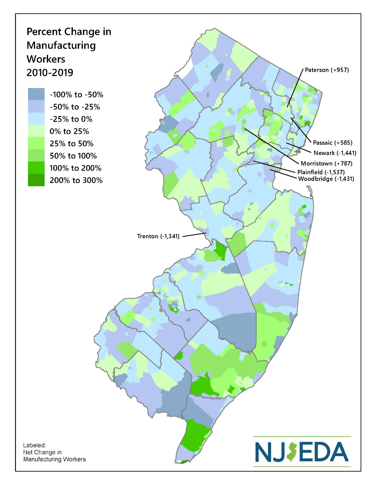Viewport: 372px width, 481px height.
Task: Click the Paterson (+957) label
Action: coord(326,70)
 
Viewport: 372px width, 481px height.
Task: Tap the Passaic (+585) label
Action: coord(332,143)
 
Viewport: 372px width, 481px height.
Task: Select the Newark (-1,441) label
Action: coord(335,153)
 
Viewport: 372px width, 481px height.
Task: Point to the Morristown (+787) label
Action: coord(326,163)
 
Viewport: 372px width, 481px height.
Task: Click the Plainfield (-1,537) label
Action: coord(321,172)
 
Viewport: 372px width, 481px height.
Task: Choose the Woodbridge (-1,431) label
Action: coord(326,179)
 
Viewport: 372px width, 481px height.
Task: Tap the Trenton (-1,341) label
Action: coord(158,236)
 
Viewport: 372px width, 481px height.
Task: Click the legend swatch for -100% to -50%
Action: coord(36,94)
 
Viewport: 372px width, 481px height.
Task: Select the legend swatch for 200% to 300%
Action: coord(36,180)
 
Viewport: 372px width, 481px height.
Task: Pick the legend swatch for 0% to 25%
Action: coord(36,131)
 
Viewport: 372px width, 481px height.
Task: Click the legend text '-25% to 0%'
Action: coord(71,119)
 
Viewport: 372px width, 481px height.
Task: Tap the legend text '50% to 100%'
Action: coord(73,156)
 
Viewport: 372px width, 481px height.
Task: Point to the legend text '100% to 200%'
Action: coord(75,168)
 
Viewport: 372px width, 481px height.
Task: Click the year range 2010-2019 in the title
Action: coord(50,72)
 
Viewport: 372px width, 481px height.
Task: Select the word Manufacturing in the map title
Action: coord(61,45)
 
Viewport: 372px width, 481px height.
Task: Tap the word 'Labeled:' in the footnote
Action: coord(34,445)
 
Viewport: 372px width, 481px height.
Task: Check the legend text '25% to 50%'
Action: coord(71,144)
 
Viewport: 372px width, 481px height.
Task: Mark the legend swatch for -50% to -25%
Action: coord(36,107)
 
